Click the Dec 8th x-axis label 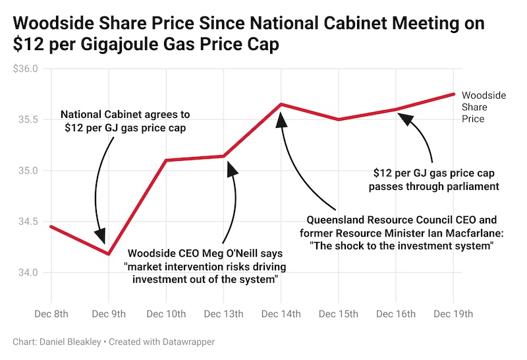point(51,314)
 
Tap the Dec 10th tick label point(166,314)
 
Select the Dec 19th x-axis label point(454,314)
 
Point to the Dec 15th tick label point(339,314)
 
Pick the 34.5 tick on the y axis point(28,222)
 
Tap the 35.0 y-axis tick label point(28,171)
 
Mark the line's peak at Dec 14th point(281,104)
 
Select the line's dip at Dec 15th point(339,119)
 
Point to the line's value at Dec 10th point(166,160)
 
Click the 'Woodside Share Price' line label point(484,107)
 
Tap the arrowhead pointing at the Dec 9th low point(101,236)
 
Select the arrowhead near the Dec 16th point point(404,119)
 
